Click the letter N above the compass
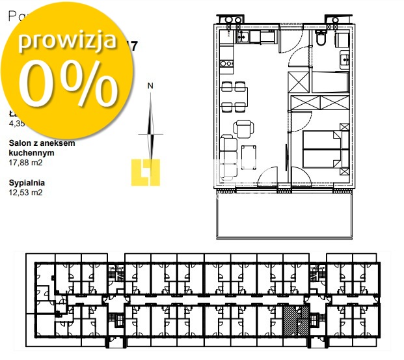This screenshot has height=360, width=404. tap(150, 85)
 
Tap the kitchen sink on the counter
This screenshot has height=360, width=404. tap(243, 37)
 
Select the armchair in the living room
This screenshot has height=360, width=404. tap(244, 128)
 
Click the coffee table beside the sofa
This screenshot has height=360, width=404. tap(248, 156)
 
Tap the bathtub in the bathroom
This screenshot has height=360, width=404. tap(330, 83)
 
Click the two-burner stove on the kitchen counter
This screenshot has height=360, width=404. tap(226, 64)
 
